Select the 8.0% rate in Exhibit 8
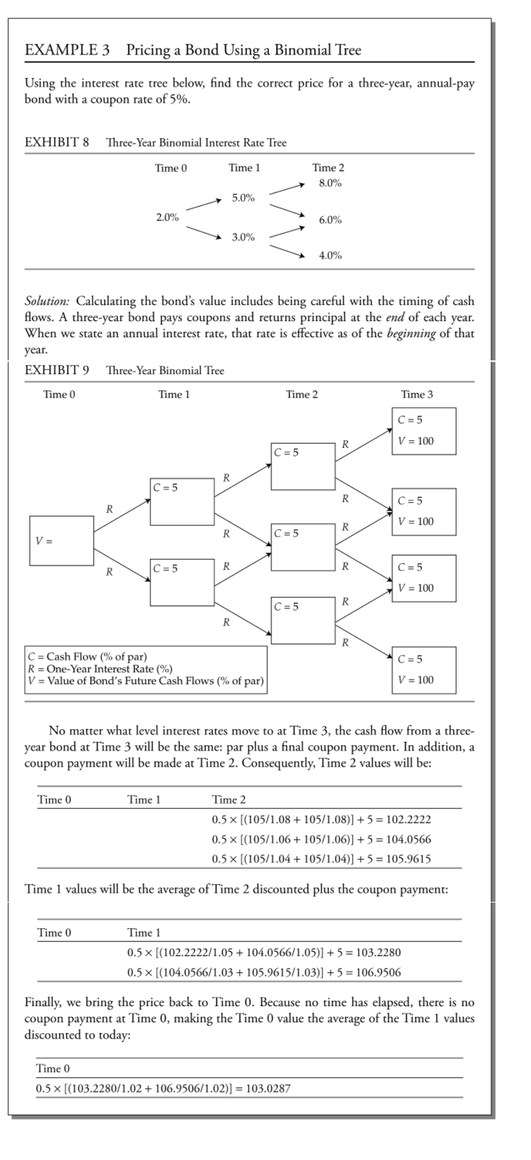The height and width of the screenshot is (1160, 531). pos(330,183)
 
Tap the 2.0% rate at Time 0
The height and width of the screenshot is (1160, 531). pos(167,217)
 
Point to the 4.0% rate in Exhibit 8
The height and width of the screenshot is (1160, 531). pos(330,255)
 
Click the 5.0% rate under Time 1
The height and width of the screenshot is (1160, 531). pos(243,198)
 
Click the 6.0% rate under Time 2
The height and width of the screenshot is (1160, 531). pos(330,220)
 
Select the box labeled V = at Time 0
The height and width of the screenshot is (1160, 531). pos(62,541)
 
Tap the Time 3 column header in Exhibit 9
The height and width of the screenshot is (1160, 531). pos(417,394)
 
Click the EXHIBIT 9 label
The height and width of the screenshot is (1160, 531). pos(57,371)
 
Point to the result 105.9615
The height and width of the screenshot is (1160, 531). pos(408,858)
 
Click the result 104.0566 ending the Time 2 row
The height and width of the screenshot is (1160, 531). pos(408,840)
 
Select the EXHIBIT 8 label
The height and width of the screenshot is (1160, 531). pos(57,143)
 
